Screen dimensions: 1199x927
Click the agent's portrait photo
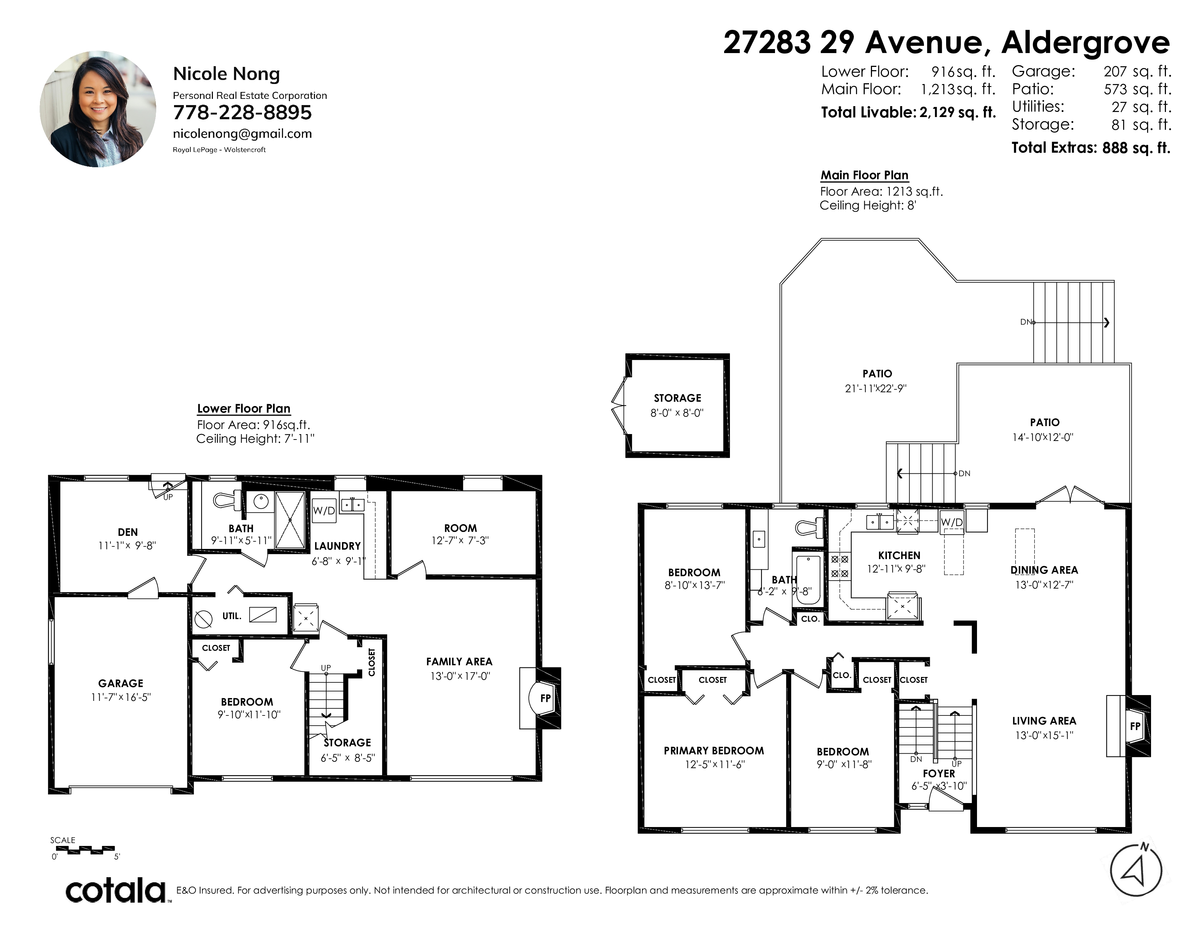click(98, 109)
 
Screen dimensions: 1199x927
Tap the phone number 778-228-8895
click(242, 113)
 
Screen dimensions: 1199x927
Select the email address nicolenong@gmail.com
click(242, 134)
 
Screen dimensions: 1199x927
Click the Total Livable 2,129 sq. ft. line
click(908, 113)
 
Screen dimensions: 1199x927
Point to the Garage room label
click(121, 683)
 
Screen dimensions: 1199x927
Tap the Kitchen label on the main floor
click(899, 555)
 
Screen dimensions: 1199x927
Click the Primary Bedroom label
click(714, 751)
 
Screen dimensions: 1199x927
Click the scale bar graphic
click(85, 850)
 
